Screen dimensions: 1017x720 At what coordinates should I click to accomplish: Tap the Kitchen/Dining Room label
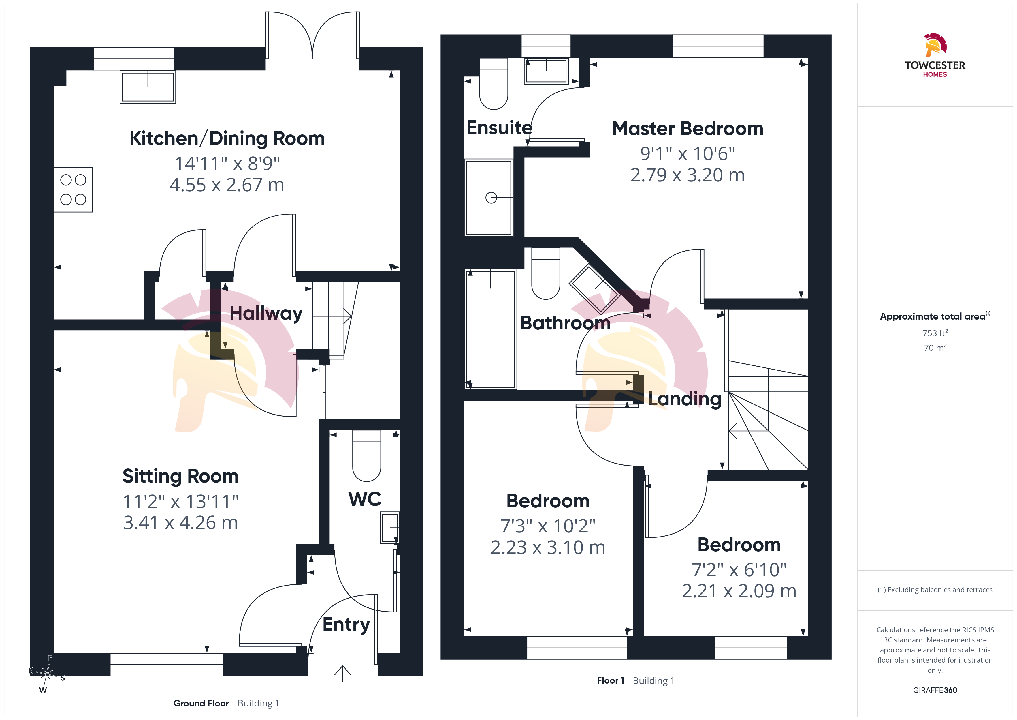[227, 138]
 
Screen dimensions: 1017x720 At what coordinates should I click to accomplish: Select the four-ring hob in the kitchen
[73, 190]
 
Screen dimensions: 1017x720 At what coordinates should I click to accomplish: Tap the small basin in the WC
[390, 528]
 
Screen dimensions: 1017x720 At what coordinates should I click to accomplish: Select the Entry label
[346, 625]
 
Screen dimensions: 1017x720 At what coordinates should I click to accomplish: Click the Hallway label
[266, 314]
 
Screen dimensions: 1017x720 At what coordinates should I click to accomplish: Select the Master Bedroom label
[688, 129]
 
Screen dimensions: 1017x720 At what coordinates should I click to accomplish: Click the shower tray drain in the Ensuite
[491, 198]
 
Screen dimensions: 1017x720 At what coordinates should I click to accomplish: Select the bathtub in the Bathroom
[491, 329]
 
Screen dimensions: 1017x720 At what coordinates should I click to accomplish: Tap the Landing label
[685, 399]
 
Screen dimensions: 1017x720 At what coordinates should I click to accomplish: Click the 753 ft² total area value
[935, 333]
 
